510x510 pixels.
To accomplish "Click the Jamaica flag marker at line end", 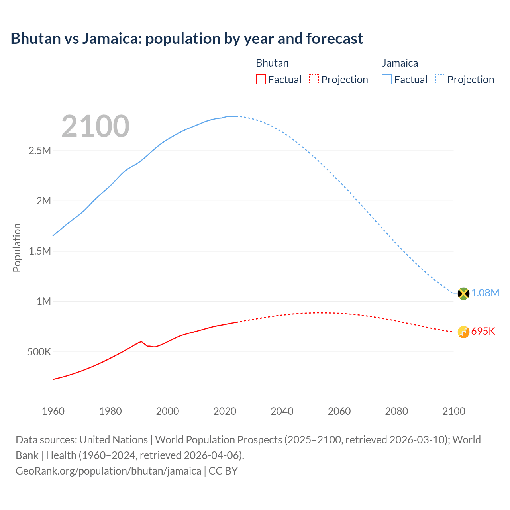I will coord(463,294).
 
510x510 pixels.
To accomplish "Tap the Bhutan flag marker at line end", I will coord(463,332).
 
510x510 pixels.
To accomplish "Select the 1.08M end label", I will coord(485,293).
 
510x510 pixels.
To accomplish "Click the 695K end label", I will coord(483,331).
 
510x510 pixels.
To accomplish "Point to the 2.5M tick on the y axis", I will coord(40,151).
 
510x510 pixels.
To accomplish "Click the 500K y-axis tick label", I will coord(39,352).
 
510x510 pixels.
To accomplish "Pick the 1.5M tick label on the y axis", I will coord(40,251).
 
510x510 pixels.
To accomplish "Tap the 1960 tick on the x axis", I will coord(53,411).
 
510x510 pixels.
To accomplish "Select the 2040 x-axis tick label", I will coord(282,411).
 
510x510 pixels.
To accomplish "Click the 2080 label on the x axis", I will coord(396,411).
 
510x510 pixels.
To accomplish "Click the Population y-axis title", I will coord(17,247).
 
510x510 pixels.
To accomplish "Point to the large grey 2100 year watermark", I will coord(95,126).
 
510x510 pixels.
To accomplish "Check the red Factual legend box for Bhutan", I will coord(261,80).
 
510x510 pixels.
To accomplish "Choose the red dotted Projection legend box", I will coord(314,80).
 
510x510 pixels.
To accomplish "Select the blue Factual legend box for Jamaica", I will coord(387,80).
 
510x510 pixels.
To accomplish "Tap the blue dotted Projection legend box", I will coord(440,80).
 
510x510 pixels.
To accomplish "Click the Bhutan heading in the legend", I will coord(272,63).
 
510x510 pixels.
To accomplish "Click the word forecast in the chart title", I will coord(335,39).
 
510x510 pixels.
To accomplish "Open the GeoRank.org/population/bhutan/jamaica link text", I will coord(108,471).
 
